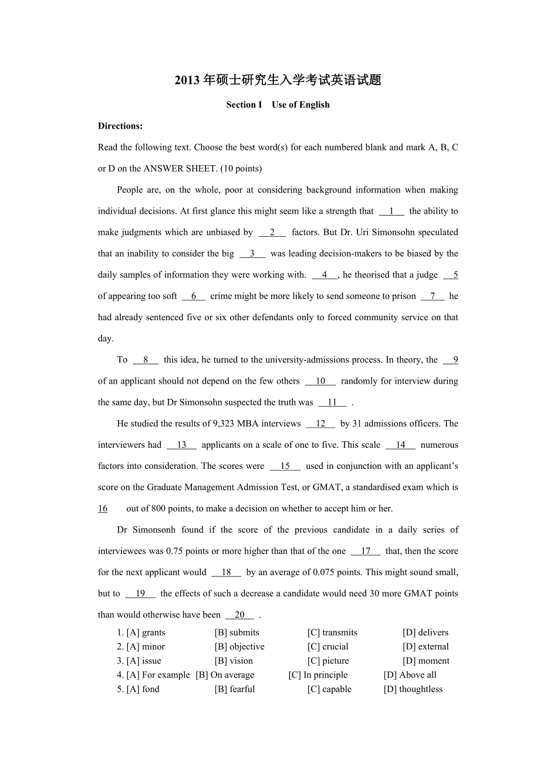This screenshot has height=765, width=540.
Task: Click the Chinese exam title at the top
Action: (x=278, y=80)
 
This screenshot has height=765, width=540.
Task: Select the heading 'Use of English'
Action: (x=301, y=105)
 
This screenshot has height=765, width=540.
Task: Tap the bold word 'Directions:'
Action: (x=120, y=126)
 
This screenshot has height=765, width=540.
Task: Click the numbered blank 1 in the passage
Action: (x=392, y=212)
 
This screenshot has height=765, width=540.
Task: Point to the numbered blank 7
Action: (x=433, y=296)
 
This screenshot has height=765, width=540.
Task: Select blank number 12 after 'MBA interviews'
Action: (x=320, y=424)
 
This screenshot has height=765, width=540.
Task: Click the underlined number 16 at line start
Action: (x=103, y=509)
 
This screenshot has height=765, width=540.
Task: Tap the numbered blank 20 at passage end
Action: (x=239, y=615)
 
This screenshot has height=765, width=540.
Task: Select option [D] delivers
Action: (x=425, y=633)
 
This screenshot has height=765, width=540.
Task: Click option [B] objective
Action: (x=239, y=647)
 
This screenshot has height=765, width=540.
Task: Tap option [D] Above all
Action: (x=410, y=675)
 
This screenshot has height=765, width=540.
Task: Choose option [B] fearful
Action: (x=235, y=689)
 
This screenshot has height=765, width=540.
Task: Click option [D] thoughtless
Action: (x=413, y=689)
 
